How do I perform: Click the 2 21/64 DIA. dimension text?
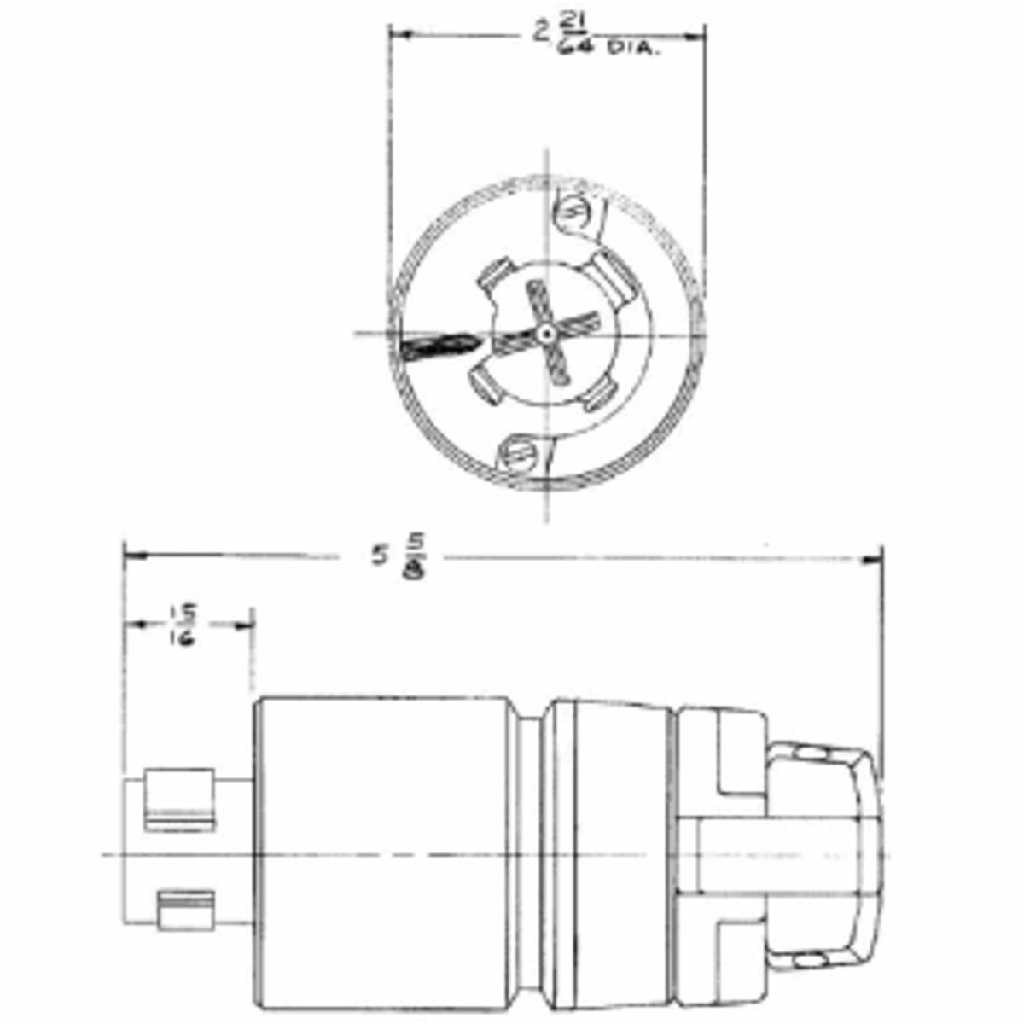pos(597,37)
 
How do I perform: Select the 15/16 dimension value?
pos(182,625)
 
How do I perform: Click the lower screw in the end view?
pos(518,454)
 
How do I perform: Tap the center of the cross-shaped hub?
pos(545,334)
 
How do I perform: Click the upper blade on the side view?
pos(177,799)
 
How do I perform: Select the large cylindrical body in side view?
pos(384,853)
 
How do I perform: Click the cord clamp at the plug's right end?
pos(819,853)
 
